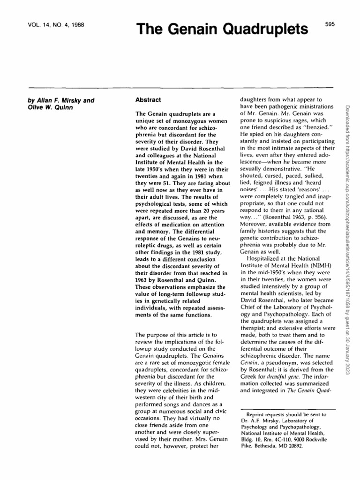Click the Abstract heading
click(148, 100)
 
